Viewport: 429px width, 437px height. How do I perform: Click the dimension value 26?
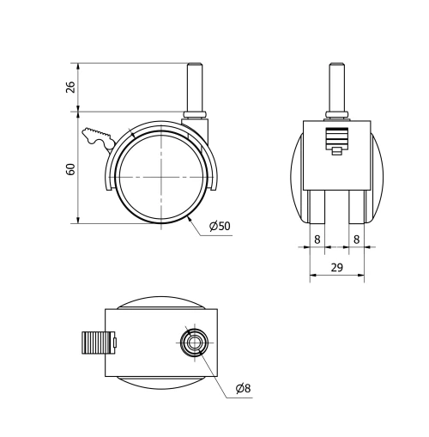point(71,87)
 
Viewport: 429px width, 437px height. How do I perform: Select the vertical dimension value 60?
point(71,168)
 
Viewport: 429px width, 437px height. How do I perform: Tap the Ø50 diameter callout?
point(221,227)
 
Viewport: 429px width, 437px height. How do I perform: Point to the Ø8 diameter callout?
point(245,388)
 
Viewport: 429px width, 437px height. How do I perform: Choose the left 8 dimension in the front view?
point(317,240)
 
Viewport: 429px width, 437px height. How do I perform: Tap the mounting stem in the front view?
point(337,86)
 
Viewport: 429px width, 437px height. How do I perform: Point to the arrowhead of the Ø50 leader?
point(189,220)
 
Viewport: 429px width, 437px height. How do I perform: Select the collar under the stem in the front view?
point(337,113)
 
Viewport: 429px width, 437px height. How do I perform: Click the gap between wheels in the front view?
point(337,206)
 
